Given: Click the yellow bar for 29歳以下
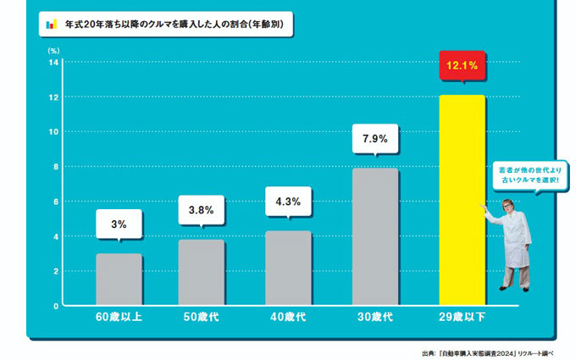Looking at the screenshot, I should pos(462,199).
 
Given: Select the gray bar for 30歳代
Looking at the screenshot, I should pos(375,236).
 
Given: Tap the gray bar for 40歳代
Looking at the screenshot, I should pos(290,268).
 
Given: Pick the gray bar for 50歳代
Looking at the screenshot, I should pos(202,272).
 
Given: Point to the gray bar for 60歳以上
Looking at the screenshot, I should pos(119,279).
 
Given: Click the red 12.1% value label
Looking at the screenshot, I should pos(462,65).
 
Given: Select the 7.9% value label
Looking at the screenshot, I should pos(375,139).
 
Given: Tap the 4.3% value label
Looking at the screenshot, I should pos(290,202).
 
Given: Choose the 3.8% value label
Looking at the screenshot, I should pos(202,209).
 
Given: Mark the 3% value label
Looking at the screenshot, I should pos(119,224).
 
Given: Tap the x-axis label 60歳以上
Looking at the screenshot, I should pos(119,318).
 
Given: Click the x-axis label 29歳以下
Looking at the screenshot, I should pos(462,318).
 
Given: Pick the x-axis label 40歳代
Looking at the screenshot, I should pos(290,318).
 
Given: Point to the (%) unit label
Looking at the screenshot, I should pos(53,50).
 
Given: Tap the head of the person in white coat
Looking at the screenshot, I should pos(509,207).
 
